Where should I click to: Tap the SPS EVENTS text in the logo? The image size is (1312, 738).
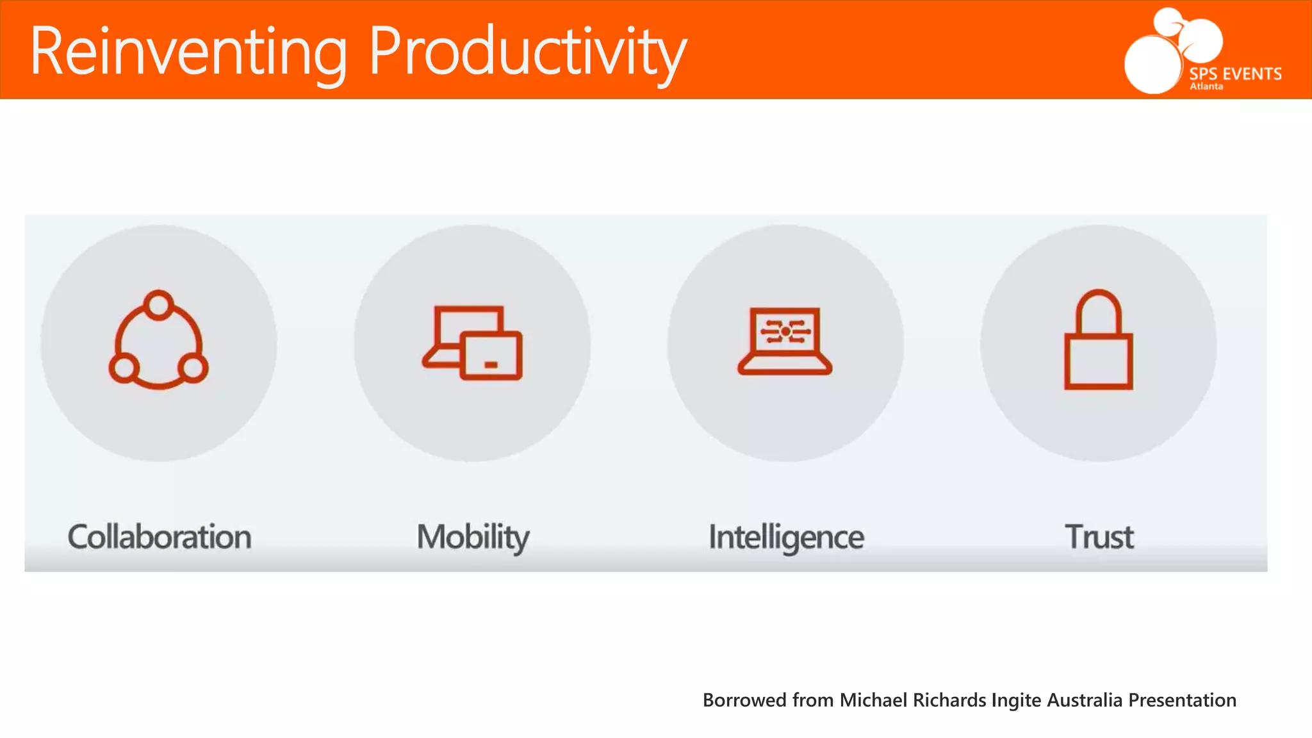(1235, 73)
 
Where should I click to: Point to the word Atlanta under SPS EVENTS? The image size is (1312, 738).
(1206, 86)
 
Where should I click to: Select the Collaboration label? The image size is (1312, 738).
(159, 536)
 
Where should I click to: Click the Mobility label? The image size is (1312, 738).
(473, 537)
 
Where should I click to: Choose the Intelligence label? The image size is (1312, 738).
(786, 537)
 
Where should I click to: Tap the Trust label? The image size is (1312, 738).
(1099, 536)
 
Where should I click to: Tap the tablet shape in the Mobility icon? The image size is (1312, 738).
(492, 356)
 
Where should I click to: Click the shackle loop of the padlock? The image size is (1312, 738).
(1099, 310)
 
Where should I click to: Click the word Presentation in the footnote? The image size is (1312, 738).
(1182, 700)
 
